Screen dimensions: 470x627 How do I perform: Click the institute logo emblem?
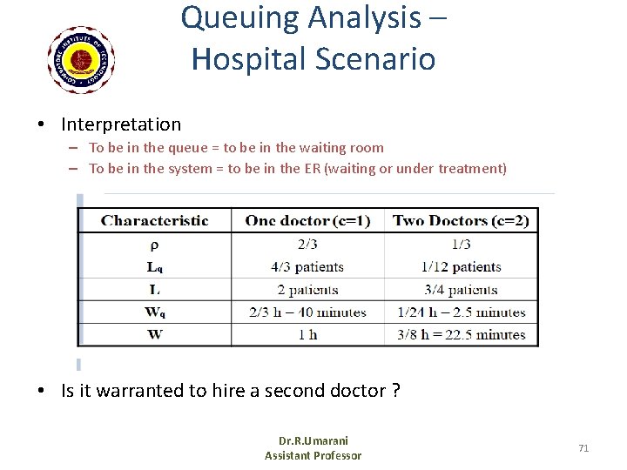(x=81, y=59)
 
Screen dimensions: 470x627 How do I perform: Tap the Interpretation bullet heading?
(x=121, y=124)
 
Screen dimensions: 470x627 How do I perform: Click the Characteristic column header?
(x=155, y=220)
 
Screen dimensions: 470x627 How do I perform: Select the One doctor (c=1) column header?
(x=307, y=220)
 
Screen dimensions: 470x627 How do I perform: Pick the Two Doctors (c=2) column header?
(x=461, y=220)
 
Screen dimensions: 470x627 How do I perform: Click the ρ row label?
(x=154, y=245)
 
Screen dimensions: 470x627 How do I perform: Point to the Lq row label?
(x=154, y=267)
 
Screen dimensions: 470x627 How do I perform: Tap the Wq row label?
(x=154, y=312)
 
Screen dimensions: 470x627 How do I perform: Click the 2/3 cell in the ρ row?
(x=307, y=245)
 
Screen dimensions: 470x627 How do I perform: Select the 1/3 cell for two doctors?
(x=461, y=245)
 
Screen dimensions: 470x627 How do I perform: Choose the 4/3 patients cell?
(x=307, y=267)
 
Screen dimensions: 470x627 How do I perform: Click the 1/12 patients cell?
(x=461, y=267)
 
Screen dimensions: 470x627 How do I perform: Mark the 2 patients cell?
(x=307, y=290)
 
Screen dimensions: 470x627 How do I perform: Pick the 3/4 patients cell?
(x=461, y=290)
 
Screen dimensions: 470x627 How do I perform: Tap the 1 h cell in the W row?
(x=307, y=335)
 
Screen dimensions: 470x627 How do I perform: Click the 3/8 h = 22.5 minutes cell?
(x=461, y=335)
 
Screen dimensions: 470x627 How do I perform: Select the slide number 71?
(x=583, y=448)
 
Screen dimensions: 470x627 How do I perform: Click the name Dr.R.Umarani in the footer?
(x=313, y=441)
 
